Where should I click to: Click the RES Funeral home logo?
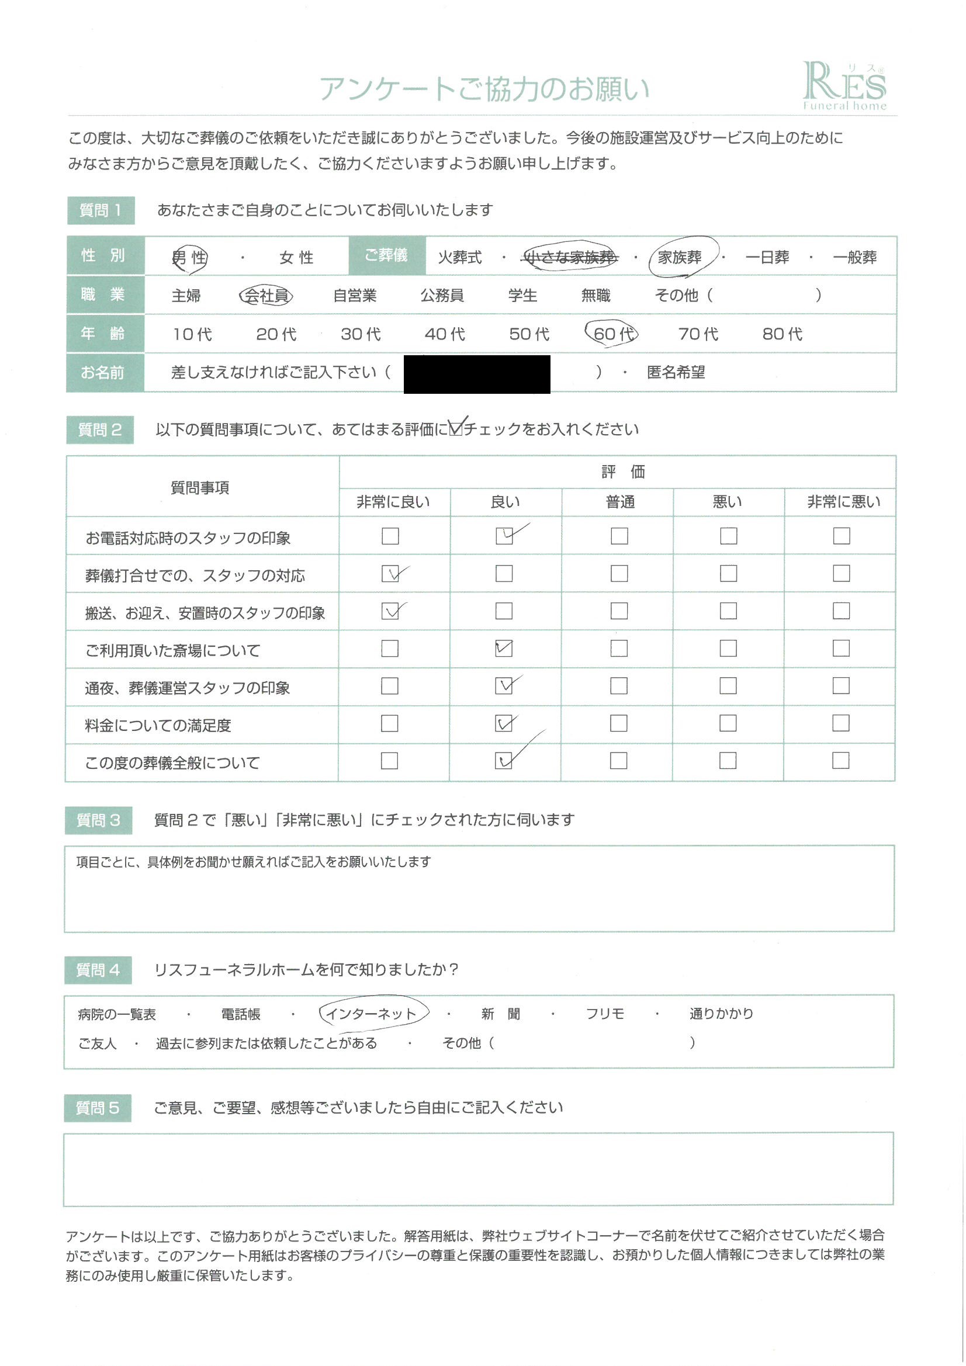844,87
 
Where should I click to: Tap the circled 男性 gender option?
189,258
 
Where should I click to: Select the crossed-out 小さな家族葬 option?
570,257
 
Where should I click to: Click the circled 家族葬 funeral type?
680,257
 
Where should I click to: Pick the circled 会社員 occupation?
266,295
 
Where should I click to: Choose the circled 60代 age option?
611,334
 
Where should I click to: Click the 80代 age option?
782,334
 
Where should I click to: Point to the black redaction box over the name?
477,373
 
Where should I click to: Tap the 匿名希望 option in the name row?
676,372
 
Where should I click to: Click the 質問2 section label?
100,429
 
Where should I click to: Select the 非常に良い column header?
393,502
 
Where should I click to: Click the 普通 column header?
620,502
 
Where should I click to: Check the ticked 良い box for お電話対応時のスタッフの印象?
504,536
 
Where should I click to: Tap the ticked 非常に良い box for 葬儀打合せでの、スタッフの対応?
390,574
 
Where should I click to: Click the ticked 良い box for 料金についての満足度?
504,723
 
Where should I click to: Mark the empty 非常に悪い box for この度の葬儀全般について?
840,760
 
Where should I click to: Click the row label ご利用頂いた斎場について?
172,650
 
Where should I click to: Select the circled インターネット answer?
371,1014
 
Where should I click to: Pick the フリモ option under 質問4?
605,1014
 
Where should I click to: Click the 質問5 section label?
98,1108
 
